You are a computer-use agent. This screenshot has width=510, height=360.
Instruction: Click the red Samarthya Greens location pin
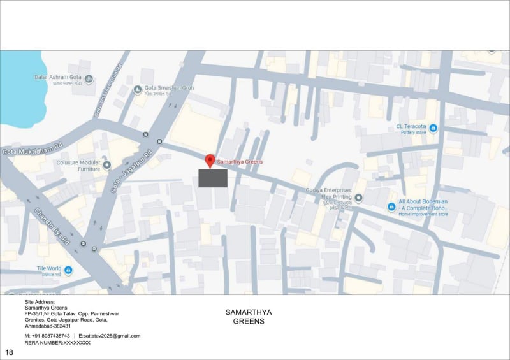click(x=210, y=161)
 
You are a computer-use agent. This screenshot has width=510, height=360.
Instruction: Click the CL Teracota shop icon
click(x=433, y=128)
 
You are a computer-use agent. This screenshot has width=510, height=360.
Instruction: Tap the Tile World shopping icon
click(x=68, y=270)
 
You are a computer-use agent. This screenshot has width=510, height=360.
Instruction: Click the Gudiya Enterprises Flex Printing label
click(x=328, y=194)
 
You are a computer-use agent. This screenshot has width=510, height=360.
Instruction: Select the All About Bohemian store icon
click(x=391, y=207)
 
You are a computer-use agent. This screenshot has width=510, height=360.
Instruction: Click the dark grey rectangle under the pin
click(x=213, y=178)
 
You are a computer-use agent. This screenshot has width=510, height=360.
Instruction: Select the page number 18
click(x=9, y=352)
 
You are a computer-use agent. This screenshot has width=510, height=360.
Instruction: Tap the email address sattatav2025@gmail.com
click(x=110, y=336)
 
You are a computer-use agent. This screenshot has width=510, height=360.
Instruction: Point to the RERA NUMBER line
click(x=57, y=343)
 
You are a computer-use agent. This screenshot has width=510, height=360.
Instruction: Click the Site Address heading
click(x=40, y=302)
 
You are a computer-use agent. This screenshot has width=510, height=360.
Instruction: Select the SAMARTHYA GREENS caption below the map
click(x=249, y=317)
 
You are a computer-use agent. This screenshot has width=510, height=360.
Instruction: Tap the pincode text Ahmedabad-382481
click(x=48, y=326)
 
